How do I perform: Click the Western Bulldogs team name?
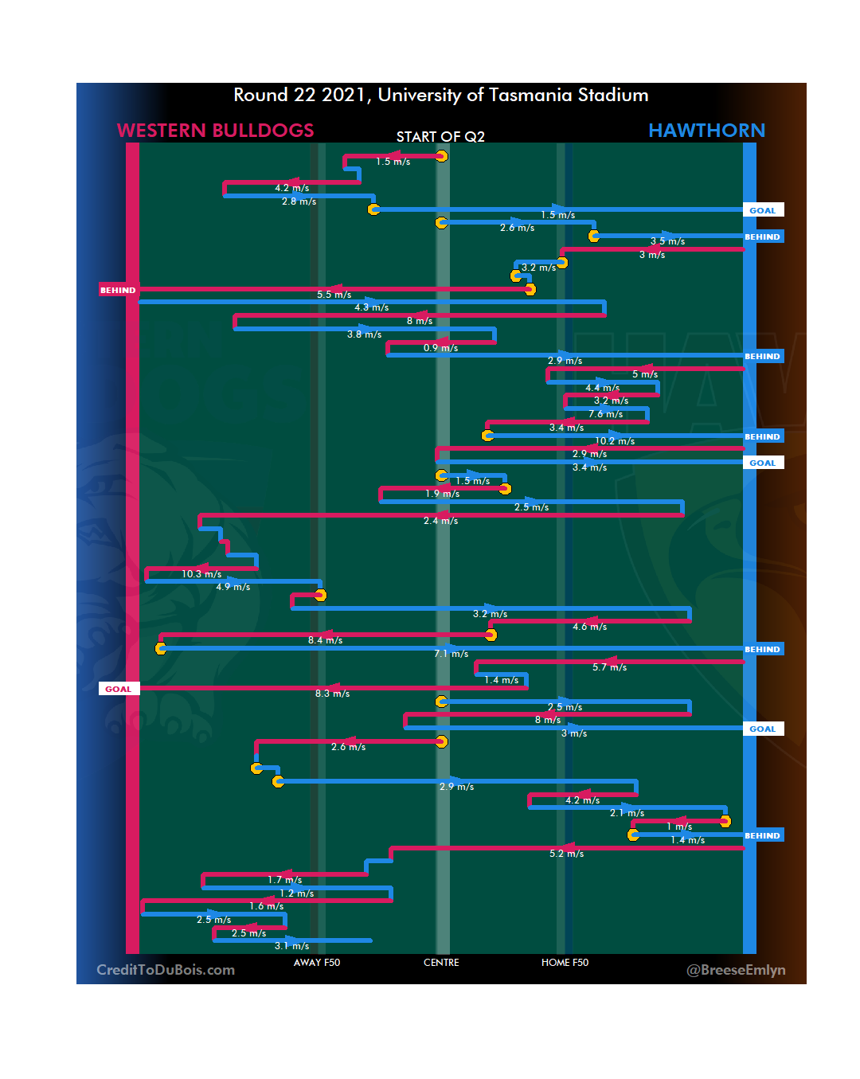pyautogui.click(x=215, y=131)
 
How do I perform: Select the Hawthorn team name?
pyautogui.click(x=706, y=131)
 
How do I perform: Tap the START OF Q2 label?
pyautogui.click(x=440, y=137)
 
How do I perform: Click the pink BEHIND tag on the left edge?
pyautogui.click(x=118, y=290)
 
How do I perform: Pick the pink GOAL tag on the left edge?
pyautogui.click(x=119, y=689)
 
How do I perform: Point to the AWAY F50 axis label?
pyautogui.click(x=316, y=963)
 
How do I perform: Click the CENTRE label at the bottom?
pyautogui.click(x=441, y=963)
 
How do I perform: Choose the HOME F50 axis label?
pyautogui.click(x=565, y=963)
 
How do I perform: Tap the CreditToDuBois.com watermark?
pyautogui.click(x=166, y=970)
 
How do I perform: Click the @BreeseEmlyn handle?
pyautogui.click(x=736, y=970)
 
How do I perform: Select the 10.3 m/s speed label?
pyautogui.click(x=201, y=574)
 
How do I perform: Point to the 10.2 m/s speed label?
pyautogui.click(x=615, y=441)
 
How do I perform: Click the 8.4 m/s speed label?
pyautogui.click(x=325, y=640)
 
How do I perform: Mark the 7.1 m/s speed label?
pyautogui.click(x=451, y=654)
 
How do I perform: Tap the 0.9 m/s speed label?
pyautogui.click(x=440, y=348)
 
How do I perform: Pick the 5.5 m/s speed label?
pyautogui.click(x=334, y=295)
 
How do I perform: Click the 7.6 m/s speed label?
pyautogui.click(x=605, y=414)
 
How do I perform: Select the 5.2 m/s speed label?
pyautogui.click(x=566, y=854)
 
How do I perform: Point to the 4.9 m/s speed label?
pyautogui.click(x=233, y=587)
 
